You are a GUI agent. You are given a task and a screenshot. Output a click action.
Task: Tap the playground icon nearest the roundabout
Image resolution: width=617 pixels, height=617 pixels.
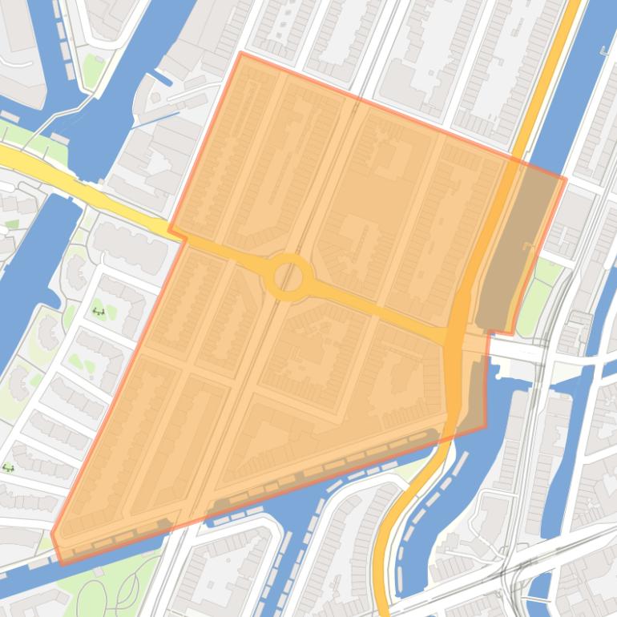[x=99, y=311]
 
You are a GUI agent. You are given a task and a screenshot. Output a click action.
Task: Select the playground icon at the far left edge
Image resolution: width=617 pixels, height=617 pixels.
[x=9, y=467]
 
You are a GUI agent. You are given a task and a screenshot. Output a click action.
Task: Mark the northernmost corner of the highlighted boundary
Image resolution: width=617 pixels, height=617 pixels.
[x=240, y=53]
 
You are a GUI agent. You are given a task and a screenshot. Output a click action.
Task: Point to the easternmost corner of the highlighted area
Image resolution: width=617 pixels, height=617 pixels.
[x=566, y=179]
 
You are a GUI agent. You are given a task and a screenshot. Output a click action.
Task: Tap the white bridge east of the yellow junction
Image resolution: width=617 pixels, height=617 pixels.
[x=517, y=350]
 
